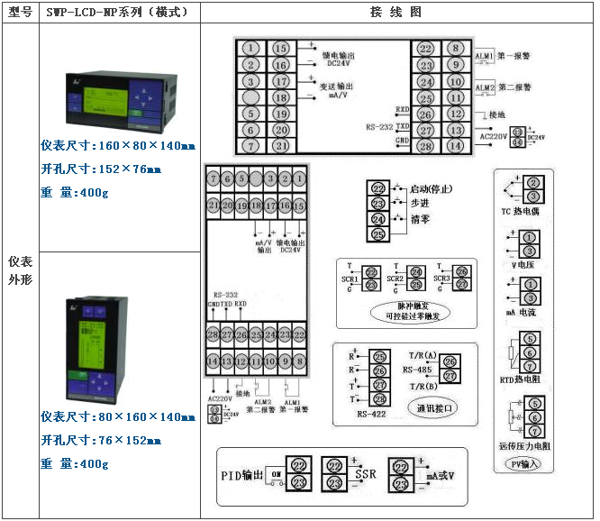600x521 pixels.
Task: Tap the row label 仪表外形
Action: (x=20, y=270)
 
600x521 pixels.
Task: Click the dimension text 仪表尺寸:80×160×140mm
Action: (x=118, y=417)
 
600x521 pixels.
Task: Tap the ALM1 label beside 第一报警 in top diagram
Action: (x=485, y=57)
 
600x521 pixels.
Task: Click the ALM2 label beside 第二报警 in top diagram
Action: (x=485, y=88)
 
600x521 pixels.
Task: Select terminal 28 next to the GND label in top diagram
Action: (x=425, y=145)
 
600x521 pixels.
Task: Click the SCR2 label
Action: (x=395, y=279)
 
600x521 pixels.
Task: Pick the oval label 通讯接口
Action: (x=433, y=407)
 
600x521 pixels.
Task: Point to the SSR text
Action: (x=365, y=473)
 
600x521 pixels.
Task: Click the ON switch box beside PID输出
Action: (x=277, y=473)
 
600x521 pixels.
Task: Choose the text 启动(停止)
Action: (x=431, y=189)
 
